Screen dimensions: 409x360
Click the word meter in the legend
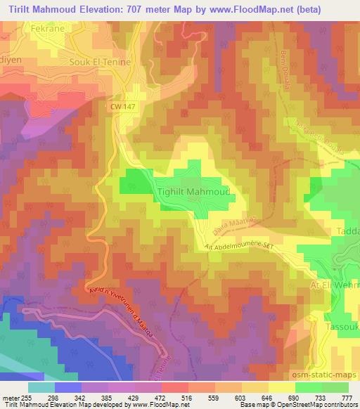tap(11, 397)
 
